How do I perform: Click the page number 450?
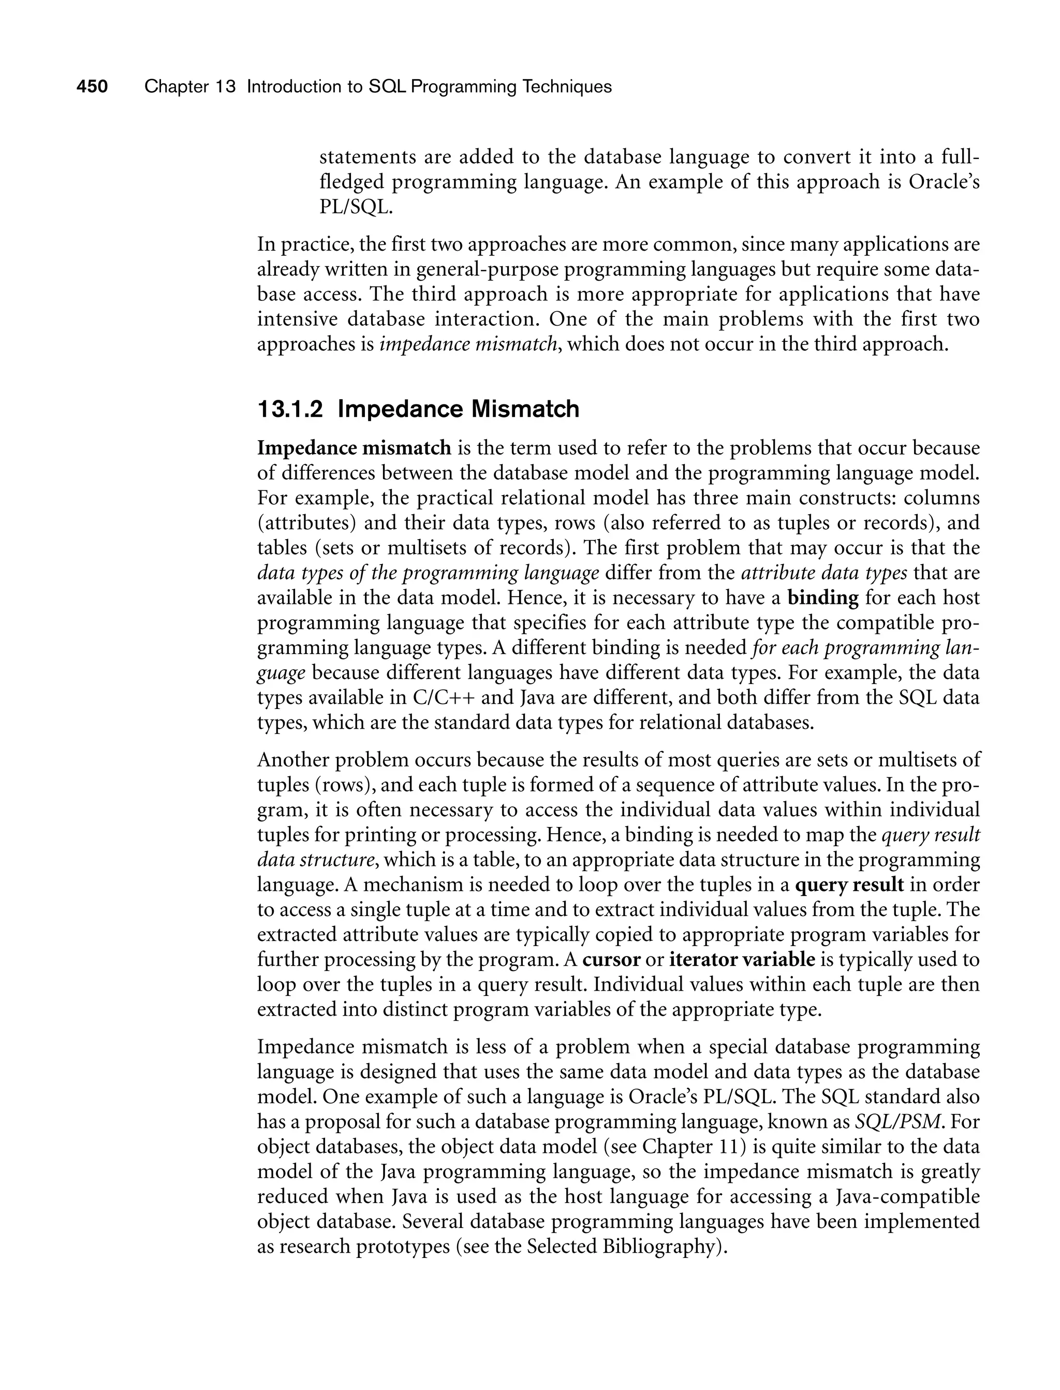[92, 86]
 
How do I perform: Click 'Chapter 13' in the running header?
[189, 86]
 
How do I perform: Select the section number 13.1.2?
[290, 410]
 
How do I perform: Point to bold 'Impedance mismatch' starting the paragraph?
[354, 448]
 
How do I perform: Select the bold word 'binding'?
[823, 598]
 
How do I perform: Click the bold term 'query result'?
[849, 885]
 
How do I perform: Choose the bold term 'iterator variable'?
[742, 960]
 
